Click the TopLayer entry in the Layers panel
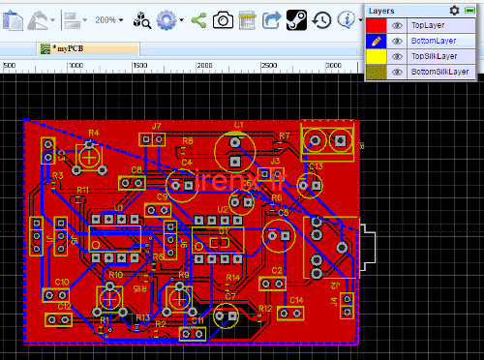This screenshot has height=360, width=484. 432,26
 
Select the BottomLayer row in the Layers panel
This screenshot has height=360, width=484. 434,41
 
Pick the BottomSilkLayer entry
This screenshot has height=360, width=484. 439,72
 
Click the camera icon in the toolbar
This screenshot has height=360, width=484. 223,18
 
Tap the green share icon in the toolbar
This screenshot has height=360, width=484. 198,18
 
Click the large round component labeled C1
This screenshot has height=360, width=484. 236,148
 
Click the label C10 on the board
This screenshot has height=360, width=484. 61,282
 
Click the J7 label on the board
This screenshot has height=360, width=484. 155,125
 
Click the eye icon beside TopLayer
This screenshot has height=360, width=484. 397,26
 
